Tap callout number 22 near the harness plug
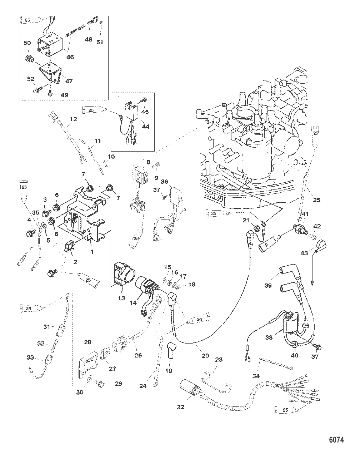181,407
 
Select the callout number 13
122,298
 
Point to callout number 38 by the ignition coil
269,337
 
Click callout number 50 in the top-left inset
27,43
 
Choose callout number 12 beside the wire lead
73,119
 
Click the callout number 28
88,343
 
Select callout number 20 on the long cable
205,356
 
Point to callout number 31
47,327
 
